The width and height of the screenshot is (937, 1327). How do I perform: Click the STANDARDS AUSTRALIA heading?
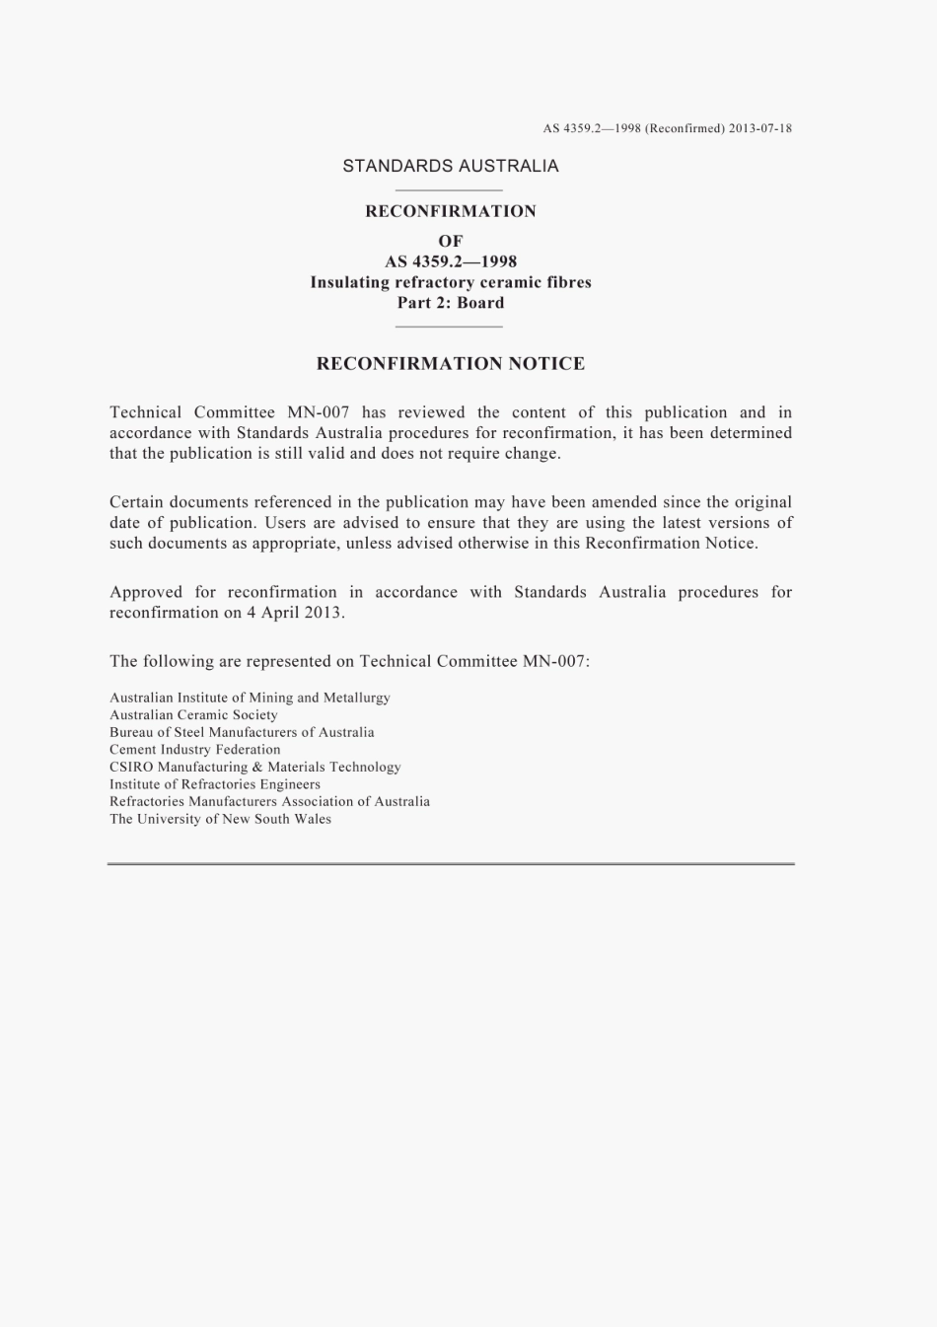click(x=450, y=166)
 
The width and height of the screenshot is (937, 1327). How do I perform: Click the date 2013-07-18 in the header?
click(x=760, y=128)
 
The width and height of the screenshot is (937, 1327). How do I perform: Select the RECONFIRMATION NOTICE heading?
click(x=450, y=364)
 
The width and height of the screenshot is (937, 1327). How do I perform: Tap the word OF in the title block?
click(x=450, y=241)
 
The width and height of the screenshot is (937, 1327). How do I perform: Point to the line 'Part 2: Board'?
click(x=450, y=303)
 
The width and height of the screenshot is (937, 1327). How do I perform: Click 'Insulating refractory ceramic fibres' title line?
click(x=450, y=282)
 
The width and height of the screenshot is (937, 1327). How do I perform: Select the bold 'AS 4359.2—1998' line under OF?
click(x=450, y=261)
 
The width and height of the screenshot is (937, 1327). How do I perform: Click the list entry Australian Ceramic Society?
click(x=193, y=714)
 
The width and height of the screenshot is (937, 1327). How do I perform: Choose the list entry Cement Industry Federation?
click(x=194, y=749)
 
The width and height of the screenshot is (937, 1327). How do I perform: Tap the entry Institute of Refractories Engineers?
click(x=214, y=784)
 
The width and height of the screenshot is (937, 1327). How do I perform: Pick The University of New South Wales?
click(x=220, y=819)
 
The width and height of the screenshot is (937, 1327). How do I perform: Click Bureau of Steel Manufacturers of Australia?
click(x=242, y=732)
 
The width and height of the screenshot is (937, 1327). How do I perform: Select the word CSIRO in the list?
click(x=131, y=767)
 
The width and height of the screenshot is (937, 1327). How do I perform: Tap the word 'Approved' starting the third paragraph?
click(x=146, y=592)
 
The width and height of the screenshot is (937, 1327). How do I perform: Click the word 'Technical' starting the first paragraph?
click(x=145, y=412)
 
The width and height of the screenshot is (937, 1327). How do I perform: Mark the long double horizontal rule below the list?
click(x=450, y=864)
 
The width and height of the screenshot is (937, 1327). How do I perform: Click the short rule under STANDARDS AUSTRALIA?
click(x=449, y=189)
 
